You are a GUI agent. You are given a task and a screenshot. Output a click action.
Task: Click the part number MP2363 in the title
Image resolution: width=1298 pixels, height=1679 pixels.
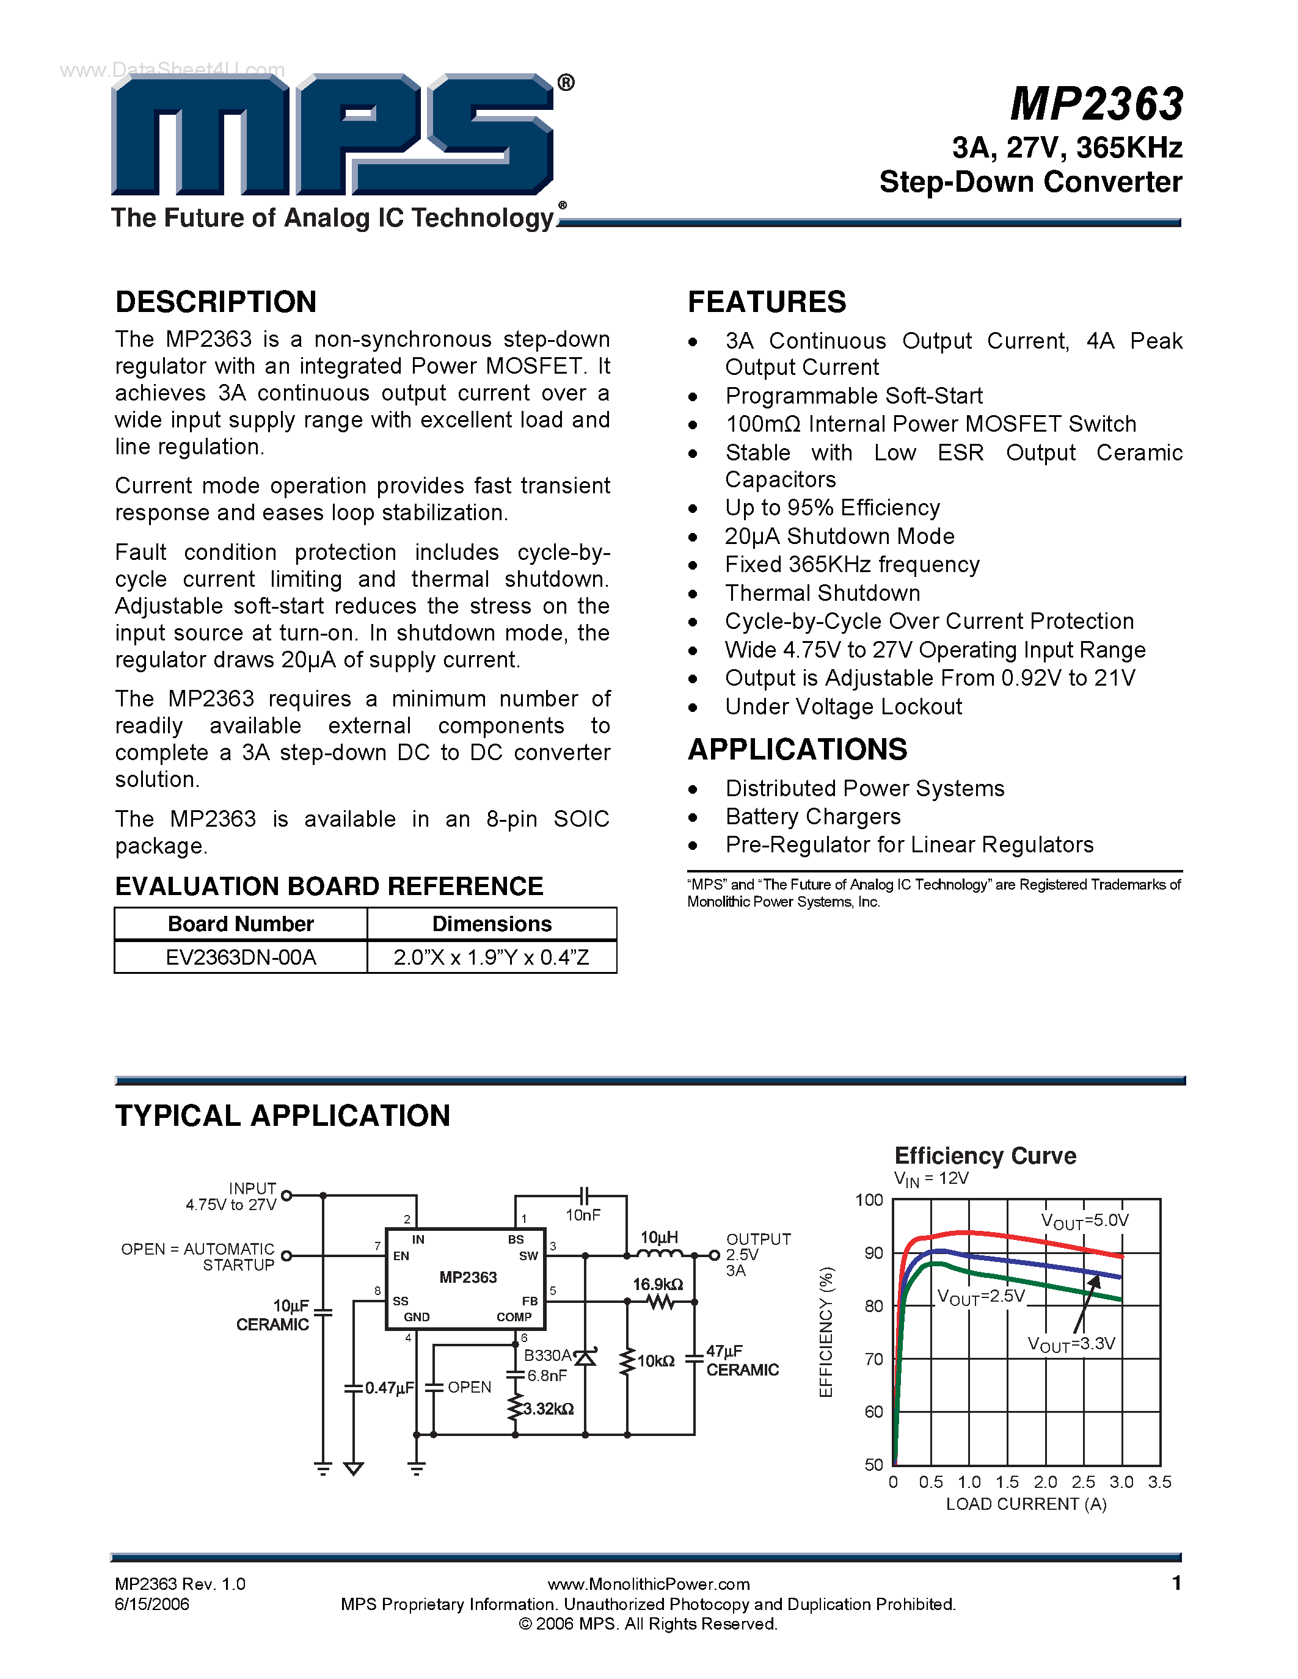1096,104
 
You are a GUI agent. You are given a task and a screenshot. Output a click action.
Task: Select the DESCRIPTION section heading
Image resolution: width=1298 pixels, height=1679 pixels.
216,302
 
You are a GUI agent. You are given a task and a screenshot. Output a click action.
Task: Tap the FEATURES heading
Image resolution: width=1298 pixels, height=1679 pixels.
767,302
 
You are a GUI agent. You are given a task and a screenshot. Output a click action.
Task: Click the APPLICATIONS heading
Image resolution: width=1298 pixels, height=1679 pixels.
797,750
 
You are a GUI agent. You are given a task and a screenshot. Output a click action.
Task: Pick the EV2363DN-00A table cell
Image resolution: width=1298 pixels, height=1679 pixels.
241,957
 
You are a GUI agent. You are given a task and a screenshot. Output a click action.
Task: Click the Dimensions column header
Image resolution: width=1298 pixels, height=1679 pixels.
492,924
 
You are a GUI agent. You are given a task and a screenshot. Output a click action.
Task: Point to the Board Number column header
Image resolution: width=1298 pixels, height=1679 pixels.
241,924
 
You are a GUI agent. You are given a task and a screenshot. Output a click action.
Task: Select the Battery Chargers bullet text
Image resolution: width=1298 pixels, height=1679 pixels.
813,816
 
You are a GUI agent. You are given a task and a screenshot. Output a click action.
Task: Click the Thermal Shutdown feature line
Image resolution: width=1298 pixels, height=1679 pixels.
822,593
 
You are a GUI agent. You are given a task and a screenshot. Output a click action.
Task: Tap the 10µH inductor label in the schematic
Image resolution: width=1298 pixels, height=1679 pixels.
659,1237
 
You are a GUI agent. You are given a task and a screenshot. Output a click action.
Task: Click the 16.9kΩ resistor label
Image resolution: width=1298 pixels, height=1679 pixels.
657,1285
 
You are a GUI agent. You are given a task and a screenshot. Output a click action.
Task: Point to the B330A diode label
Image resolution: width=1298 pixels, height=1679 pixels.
547,1355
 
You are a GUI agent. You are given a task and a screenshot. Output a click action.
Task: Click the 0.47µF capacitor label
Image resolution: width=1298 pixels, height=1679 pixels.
389,1388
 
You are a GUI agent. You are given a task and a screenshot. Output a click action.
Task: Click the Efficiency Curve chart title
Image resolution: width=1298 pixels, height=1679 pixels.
985,1156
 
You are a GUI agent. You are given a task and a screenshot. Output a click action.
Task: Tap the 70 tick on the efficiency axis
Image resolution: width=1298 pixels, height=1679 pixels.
873,1359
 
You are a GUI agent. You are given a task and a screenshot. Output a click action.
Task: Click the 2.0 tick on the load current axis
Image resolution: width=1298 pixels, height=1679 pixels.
1045,1482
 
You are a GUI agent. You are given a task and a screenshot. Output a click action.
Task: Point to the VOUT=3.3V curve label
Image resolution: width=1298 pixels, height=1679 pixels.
1071,1344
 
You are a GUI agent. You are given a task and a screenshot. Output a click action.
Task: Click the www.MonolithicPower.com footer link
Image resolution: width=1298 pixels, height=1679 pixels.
648,1584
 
